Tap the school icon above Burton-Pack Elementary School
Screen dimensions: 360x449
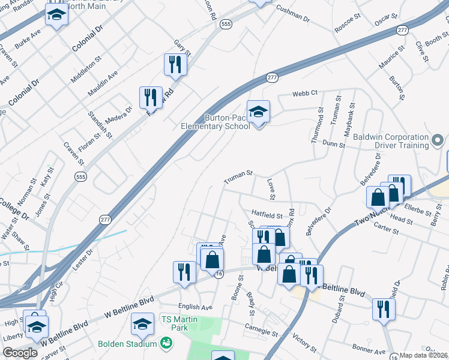click(x=259, y=112)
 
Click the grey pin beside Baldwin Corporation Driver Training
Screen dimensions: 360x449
click(x=438, y=142)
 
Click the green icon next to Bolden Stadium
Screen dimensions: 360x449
click(x=166, y=344)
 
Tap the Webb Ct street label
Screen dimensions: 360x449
click(x=304, y=94)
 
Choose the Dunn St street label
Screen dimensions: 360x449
click(x=334, y=144)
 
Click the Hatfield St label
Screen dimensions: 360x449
click(x=267, y=213)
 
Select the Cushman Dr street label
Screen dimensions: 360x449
click(x=292, y=14)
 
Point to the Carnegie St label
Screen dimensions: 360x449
click(x=261, y=328)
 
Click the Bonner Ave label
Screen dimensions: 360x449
click(x=369, y=349)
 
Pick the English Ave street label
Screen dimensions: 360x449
click(x=195, y=307)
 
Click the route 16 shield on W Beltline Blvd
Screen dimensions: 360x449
click(x=220, y=274)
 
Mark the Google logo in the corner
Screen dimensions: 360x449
click(x=20, y=353)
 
